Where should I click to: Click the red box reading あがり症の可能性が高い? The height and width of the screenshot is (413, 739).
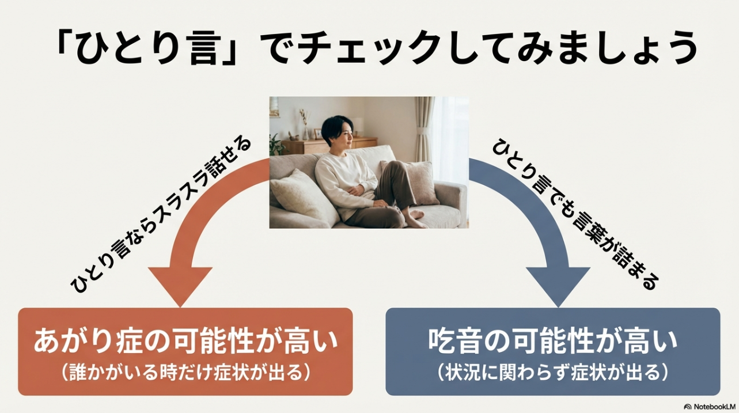[x=185, y=351]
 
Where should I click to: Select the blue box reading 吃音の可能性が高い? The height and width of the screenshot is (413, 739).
[x=552, y=351]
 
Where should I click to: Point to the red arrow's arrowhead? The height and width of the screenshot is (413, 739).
[x=180, y=285]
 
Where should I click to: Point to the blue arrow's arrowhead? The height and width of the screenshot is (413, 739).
[x=558, y=285]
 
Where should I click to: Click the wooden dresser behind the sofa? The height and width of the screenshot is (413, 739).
[x=305, y=146]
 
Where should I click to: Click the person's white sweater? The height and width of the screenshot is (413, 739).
[x=343, y=179]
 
